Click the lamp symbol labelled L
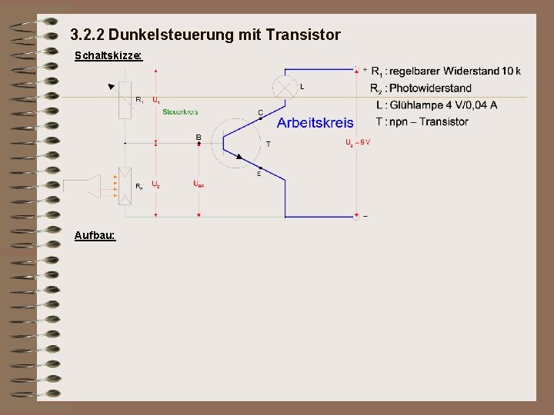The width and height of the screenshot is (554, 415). (286, 87)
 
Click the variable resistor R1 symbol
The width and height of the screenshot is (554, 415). (125, 100)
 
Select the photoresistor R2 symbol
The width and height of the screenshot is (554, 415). (125, 184)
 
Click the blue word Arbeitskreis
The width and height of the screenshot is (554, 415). (315, 122)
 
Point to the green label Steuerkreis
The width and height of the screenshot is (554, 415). (180, 112)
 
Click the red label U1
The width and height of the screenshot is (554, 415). (156, 100)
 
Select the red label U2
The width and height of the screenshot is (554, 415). (156, 184)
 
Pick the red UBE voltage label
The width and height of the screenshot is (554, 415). (199, 184)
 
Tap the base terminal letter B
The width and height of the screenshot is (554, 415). (199, 138)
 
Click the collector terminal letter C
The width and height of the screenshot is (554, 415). (260, 112)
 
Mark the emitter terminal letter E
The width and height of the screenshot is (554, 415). (259, 174)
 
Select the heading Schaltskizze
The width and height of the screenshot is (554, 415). (108, 56)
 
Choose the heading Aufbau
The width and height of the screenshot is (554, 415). (95, 234)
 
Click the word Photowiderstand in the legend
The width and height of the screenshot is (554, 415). (430, 88)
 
